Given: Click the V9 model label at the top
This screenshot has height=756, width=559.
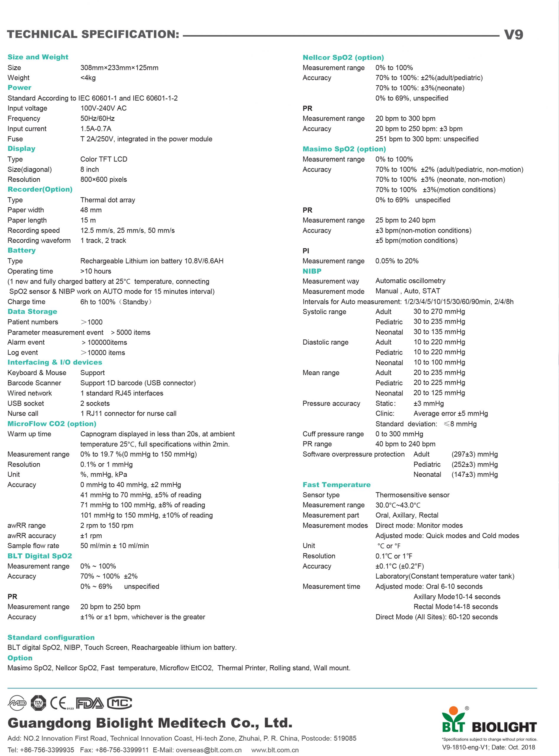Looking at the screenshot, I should (x=513, y=35).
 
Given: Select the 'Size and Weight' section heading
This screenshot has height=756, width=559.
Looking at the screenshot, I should (x=38, y=57).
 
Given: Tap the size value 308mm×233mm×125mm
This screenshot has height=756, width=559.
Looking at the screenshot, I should (x=119, y=68).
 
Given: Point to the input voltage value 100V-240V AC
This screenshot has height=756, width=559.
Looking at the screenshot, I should (x=103, y=108).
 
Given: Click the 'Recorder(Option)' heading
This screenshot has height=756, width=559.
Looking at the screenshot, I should (x=40, y=189).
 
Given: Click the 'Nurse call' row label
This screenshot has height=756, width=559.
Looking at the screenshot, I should (x=23, y=413).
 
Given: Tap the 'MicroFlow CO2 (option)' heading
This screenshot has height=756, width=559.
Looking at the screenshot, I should (x=52, y=423).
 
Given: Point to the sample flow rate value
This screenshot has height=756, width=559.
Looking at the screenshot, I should (x=114, y=546).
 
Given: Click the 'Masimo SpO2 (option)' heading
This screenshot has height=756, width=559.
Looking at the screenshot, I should (x=344, y=149).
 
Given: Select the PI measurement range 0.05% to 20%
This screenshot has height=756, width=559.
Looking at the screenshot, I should (x=396, y=261).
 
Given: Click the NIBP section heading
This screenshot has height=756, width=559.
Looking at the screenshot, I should (x=312, y=271).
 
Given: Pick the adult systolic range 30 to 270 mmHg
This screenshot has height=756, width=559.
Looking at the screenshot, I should (x=439, y=312).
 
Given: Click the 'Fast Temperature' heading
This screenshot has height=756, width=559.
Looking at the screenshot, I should (x=336, y=484).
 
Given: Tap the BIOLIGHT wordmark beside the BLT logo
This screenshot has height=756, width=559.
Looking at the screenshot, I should (x=504, y=726).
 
